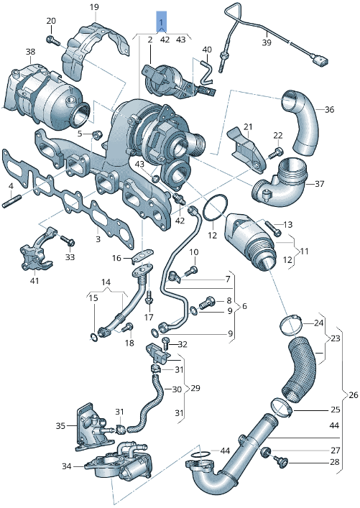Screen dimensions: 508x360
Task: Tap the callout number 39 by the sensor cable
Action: pyautogui.click(x=266, y=43)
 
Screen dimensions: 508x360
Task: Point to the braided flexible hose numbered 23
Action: pyautogui.click(x=301, y=368)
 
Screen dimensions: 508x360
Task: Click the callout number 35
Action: pyautogui.click(x=61, y=425)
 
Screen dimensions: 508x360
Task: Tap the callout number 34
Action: pyautogui.click(x=67, y=466)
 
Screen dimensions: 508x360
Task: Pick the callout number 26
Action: pyautogui.click(x=352, y=394)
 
